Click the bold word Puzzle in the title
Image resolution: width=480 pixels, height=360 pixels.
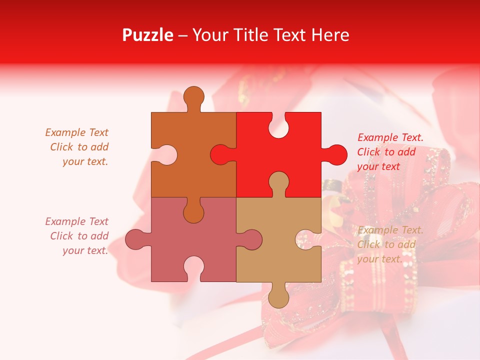coord(148,35)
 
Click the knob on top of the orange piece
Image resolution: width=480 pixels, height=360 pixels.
coord(194,97)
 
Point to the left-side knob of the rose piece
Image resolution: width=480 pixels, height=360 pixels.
coord(136,239)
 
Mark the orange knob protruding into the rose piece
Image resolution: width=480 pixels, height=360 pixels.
coord(194,211)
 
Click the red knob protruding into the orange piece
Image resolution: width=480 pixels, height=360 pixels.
coord(221,154)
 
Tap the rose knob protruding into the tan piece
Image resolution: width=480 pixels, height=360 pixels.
coord(250,239)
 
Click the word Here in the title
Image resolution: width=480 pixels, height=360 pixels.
coord(330,35)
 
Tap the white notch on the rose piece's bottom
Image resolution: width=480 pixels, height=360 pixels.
coord(194,267)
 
